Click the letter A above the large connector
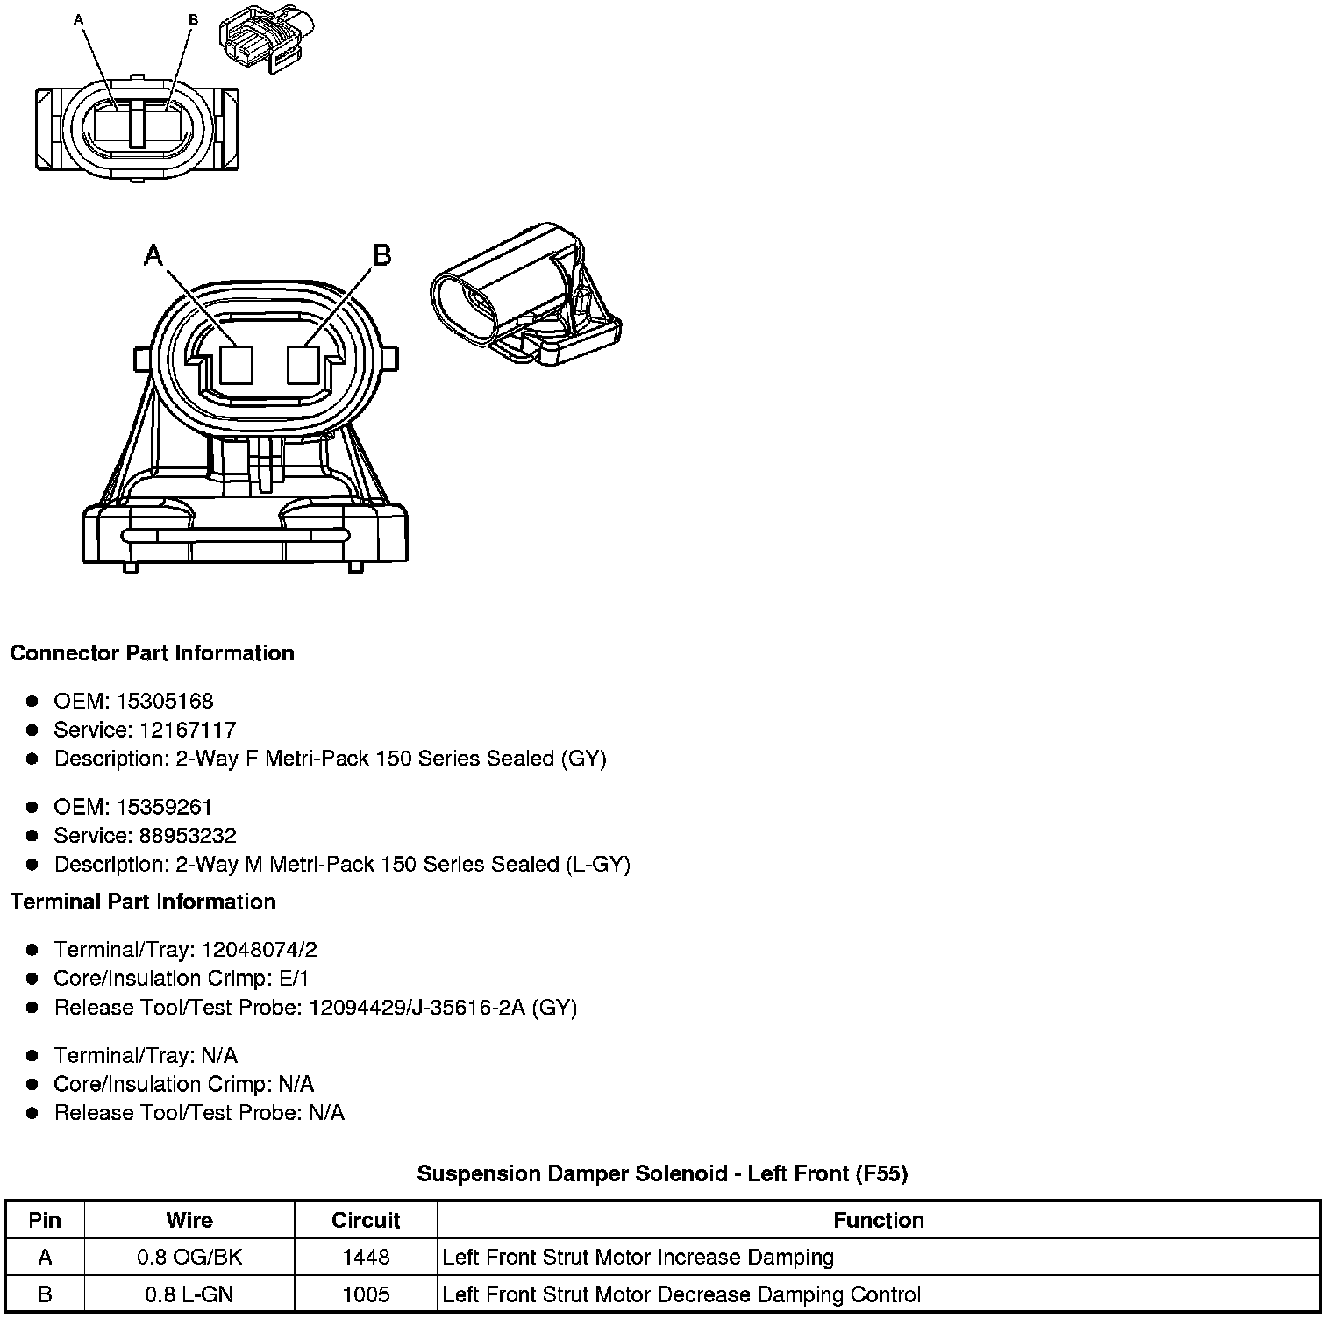click(153, 255)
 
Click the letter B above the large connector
click(381, 255)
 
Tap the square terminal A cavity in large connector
click(236, 364)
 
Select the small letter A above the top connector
click(80, 19)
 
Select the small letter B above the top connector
click(193, 19)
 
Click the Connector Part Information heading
click(152, 653)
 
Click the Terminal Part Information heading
click(143, 902)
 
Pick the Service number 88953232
click(188, 836)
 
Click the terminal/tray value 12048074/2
click(260, 950)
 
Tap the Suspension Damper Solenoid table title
click(662, 1173)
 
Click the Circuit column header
click(366, 1221)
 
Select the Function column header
click(878, 1221)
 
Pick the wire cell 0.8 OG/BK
click(189, 1258)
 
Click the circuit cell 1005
click(366, 1294)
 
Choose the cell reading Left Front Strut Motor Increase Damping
click(638, 1258)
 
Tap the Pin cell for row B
click(45, 1294)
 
